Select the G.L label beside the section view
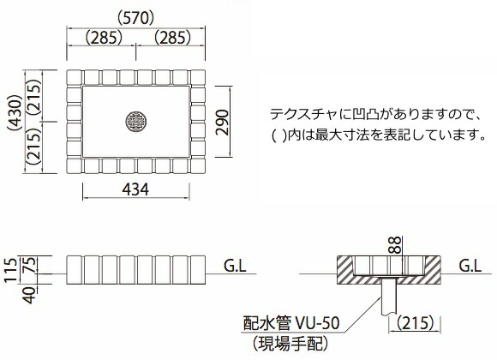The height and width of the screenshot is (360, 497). tap(469, 266)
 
